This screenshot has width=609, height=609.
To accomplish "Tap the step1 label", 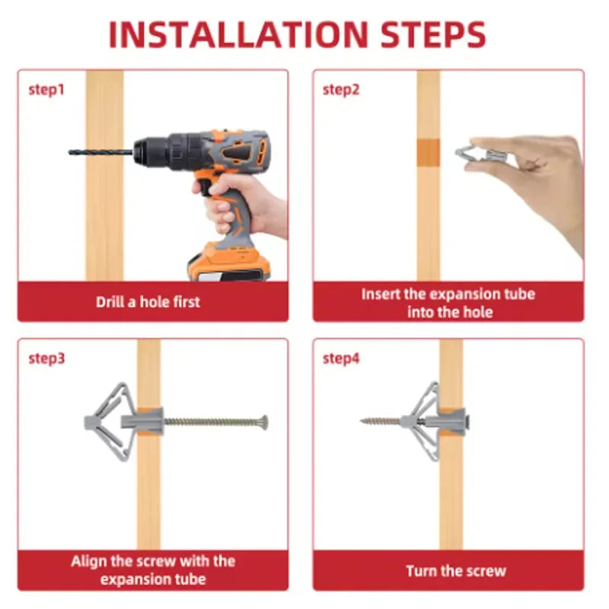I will [46, 90].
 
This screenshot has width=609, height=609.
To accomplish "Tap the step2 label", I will [340, 90].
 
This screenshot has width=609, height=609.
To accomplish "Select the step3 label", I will [46, 359].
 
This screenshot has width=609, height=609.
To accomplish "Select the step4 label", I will [340, 359].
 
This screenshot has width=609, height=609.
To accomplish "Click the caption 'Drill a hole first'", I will [148, 301].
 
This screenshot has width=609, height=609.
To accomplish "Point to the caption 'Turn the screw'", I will [455, 571].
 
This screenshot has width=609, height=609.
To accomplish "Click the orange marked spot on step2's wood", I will [429, 151].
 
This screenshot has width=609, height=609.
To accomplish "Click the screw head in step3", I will [264, 421].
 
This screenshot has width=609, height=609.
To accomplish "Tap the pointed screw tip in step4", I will [363, 420].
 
